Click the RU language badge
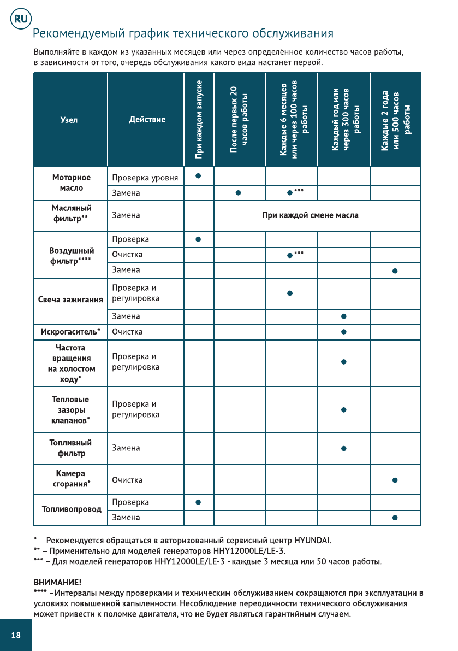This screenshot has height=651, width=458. click(20, 19)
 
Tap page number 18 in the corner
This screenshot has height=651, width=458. click(16, 635)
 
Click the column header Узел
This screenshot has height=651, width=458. click(69, 120)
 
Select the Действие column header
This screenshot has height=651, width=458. click(147, 119)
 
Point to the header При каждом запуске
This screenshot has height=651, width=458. click(199, 119)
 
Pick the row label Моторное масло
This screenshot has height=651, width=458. click(72, 183)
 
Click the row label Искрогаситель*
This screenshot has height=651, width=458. click(70, 332)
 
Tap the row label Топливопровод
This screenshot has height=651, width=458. click(72, 509)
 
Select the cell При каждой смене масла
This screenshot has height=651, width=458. click(310, 215)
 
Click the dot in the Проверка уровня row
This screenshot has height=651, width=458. click(199, 176)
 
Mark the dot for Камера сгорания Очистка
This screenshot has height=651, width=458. click(395, 480)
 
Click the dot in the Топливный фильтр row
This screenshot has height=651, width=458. click(343, 449)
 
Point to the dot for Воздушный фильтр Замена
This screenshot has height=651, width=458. click(395, 271)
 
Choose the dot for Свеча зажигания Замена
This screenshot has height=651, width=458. click(343, 316)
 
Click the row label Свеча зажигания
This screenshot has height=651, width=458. click(70, 300)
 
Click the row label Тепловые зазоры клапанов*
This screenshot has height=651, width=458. click(70, 410)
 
